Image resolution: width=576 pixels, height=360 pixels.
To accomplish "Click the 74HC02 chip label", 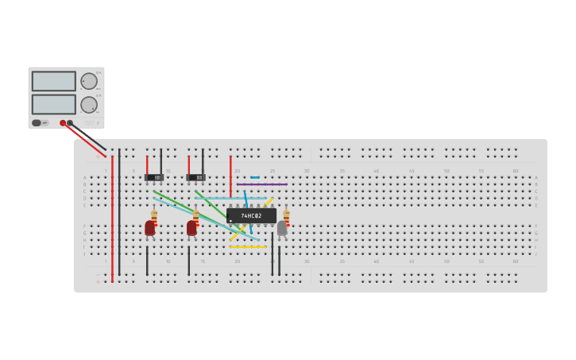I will coord(251,215).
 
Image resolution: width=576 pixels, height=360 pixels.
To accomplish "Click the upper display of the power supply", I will coord(54,81).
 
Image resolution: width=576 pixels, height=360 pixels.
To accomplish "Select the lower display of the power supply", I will coord(54,104).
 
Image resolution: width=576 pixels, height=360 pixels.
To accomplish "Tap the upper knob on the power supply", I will coord(89,81).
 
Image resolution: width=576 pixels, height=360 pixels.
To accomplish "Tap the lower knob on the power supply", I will coord(89,104).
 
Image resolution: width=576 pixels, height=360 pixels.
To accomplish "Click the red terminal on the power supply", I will coord(63,123).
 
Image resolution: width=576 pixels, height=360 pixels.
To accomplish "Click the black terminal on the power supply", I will coord(70,123).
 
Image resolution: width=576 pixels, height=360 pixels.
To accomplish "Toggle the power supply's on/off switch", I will coord(37,123).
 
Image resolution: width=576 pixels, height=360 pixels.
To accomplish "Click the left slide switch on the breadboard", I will coord(153,177).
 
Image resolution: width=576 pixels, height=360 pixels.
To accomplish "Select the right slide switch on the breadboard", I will coord(195,177).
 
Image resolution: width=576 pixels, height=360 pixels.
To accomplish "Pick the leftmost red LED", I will coord(149,228).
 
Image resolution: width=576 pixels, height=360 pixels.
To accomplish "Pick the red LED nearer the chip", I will coord(191,228).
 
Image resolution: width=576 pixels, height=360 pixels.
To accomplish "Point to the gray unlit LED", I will coord(282,228).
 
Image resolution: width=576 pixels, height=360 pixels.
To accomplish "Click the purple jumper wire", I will coord(261,184).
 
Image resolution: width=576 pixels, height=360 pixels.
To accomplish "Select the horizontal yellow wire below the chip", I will coord(248,247).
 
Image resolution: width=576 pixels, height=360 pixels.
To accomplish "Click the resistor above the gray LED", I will coord(286,215).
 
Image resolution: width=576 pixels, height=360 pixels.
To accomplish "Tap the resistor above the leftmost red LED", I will coord(154,215).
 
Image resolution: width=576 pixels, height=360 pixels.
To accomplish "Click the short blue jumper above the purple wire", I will coord(254,177).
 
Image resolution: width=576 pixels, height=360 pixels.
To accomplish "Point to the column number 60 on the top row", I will coord(515,171).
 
